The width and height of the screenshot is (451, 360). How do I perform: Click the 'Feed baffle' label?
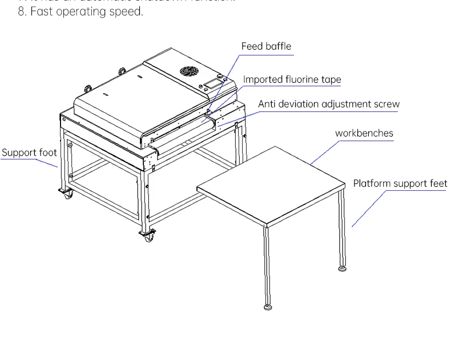pyautogui.click(x=266, y=46)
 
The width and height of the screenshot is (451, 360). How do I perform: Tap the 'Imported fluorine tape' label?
pyautogui.click(x=292, y=79)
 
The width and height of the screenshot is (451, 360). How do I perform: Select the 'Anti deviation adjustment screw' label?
pyautogui.click(x=329, y=104)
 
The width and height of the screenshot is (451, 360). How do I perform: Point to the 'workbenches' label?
pyautogui.click(x=364, y=133)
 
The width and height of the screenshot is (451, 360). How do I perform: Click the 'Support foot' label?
pyautogui.click(x=29, y=153)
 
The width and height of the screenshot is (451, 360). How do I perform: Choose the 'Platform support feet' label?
pyautogui.click(x=400, y=183)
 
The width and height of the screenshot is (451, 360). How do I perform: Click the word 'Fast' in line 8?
pyautogui.click(x=41, y=11)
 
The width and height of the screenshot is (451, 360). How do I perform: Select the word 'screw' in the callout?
pyautogui.click(x=385, y=104)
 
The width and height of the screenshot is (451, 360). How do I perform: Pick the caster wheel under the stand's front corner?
pyautogui.click(x=148, y=237)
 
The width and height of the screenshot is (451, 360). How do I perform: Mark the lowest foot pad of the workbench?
pyautogui.click(x=268, y=307)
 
